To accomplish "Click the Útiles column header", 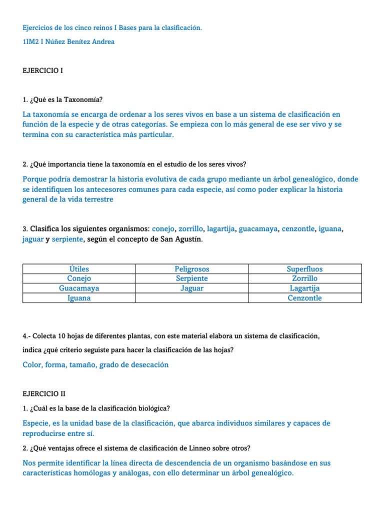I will point(79,269).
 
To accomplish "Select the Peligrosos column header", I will point(192,269).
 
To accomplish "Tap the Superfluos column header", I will point(304,269).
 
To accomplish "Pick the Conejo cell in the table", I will point(79,278).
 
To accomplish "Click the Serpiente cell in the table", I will point(192,278).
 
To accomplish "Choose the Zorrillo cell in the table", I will point(304,278).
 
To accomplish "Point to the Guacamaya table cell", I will point(79,288).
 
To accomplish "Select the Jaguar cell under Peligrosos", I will point(192,288).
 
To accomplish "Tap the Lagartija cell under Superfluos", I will point(304,288).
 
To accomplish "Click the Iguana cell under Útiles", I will point(79,298).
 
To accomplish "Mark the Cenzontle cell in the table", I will point(304,298).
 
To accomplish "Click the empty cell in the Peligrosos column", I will point(192,298).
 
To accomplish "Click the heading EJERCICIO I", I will point(43,71).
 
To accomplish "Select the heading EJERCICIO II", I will point(44,394).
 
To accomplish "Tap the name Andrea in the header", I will point(103,42).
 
